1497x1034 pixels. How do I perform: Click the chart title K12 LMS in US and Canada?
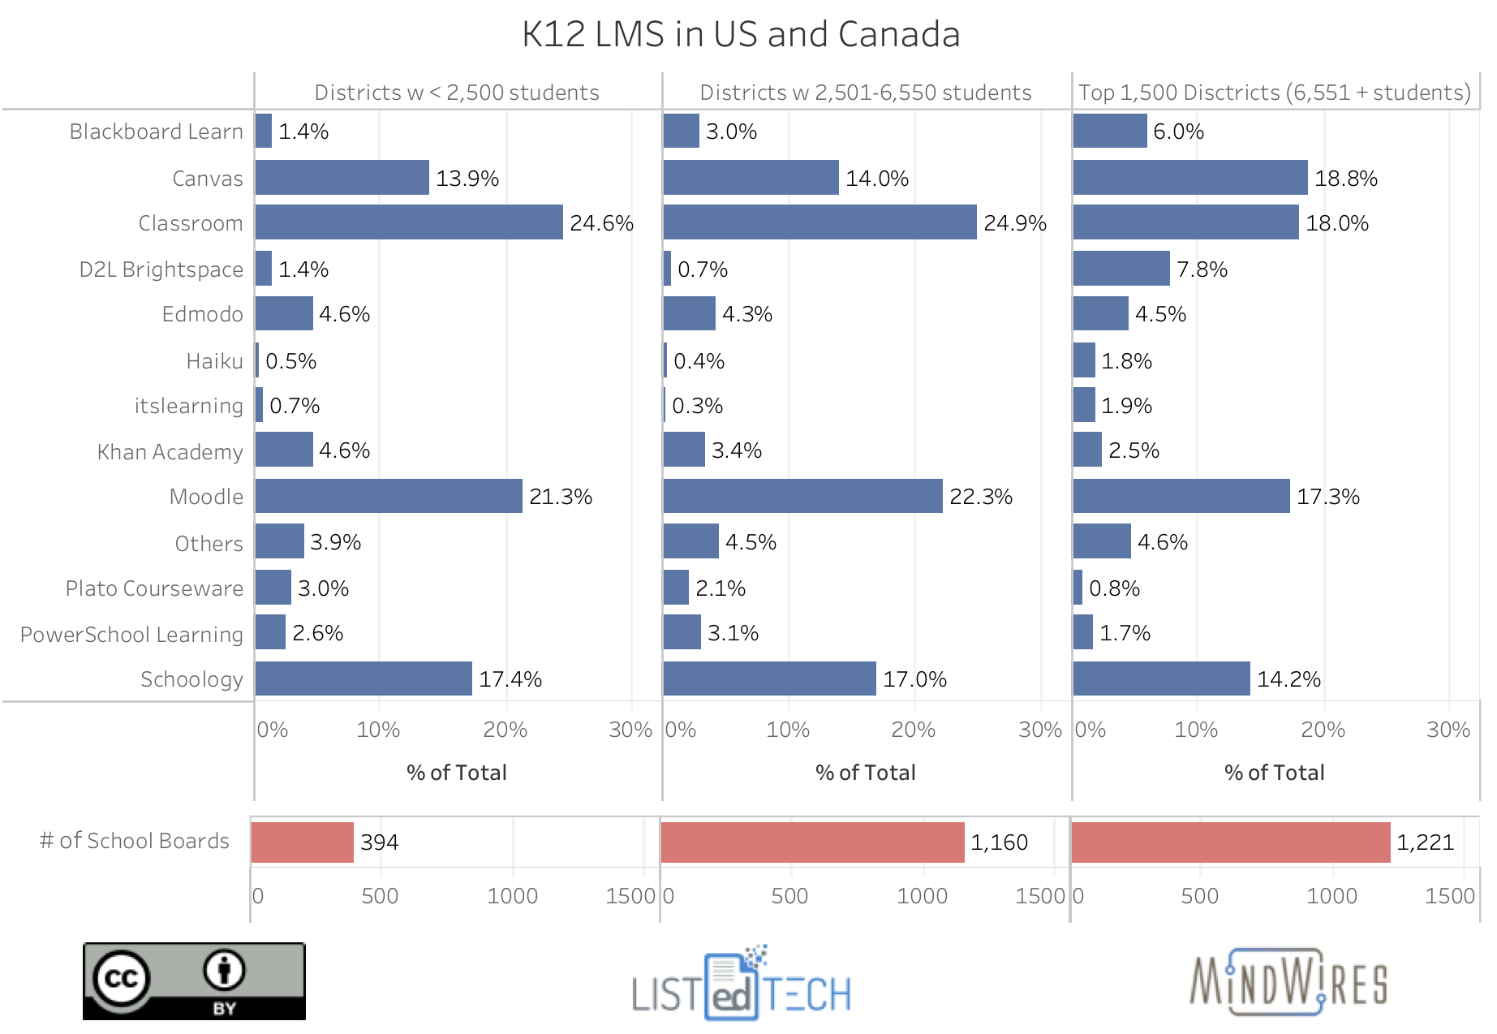(x=740, y=34)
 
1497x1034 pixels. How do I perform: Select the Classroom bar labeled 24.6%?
(x=409, y=222)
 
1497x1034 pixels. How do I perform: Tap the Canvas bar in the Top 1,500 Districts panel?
(x=1189, y=178)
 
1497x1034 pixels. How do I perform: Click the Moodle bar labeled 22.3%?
(x=802, y=496)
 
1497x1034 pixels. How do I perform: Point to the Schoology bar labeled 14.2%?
(x=1161, y=679)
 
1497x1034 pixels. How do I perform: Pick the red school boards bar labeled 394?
(x=302, y=842)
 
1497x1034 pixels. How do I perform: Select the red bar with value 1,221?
(x=1230, y=842)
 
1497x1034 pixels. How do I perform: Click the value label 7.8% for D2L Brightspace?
(x=1202, y=269)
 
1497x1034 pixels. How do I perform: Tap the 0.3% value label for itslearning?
(x=697, y=406)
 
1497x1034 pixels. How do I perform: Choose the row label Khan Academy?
(x=170, y=452)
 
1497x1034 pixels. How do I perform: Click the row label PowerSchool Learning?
(x=131, y=635)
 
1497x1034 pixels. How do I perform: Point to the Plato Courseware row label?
(x=154, y=588)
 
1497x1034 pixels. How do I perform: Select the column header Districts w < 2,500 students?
(x=457, y=93)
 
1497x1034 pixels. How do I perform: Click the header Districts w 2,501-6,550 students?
(x=866, y=93)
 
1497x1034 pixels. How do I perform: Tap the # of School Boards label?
(x=134, y=841)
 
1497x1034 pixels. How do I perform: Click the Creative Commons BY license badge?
(x=194, y=980)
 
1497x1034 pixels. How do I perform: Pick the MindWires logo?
(x=1288, y=982)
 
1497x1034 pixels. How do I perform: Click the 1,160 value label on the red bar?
(x=999, y=842)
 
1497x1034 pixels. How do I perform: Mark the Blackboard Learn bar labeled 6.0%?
(x=1109, y=131)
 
